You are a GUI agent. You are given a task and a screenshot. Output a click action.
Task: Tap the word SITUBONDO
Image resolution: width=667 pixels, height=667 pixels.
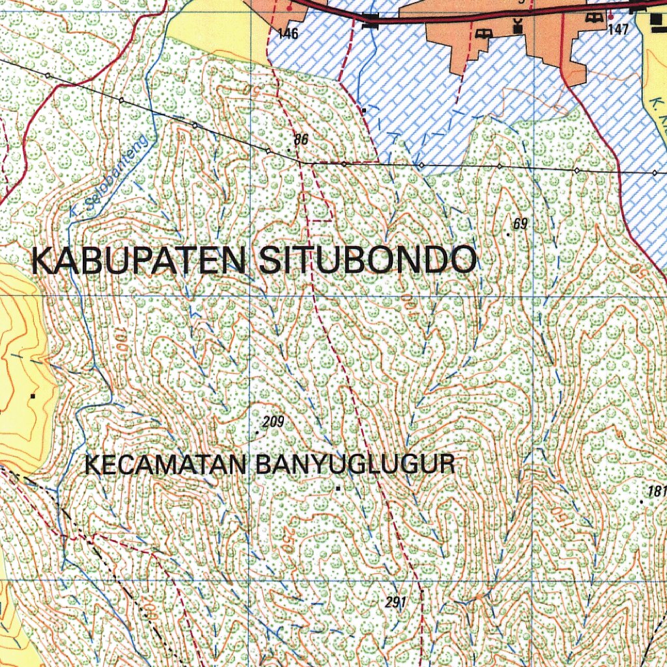pyautogui.click(x=367, y=261)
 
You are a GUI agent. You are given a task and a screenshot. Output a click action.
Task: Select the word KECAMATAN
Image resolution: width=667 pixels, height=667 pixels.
pyautogui.click(x=166, y=465)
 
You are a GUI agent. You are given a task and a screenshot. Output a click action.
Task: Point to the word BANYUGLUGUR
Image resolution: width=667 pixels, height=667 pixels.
pyautogui.click(x=355, y=465)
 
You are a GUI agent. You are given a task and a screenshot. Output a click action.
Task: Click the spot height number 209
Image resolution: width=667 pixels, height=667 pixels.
pyautogui.click(x=274, y=422)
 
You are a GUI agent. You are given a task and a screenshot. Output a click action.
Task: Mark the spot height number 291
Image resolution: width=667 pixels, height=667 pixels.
pyautogui.click(x=395, y=603)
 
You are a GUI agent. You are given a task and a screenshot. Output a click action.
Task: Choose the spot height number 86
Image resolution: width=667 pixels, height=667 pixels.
pyautogui.click(x=300, y=139)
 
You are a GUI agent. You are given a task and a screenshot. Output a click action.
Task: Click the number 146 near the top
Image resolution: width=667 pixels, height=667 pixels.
pyautogui.click(x=287, y=34)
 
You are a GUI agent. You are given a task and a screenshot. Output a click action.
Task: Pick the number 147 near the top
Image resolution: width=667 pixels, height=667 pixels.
pyautogui.click(x=618, y=29)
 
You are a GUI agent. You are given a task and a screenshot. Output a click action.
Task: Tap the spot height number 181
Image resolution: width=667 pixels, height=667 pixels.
pyautogui.click(x=658, y=491)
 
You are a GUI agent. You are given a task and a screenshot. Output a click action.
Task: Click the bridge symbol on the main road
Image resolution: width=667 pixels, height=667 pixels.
pyautogui.click(x=371, y=20)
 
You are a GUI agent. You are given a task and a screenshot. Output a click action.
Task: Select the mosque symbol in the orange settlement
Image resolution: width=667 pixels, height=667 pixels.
pyautogui.click(x=518, y=27)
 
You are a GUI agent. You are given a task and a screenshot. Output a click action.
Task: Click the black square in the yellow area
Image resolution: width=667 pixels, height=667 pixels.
pyautogui.click(x=33, y=395)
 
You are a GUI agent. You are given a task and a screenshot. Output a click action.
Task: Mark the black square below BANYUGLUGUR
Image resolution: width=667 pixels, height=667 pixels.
pyautogui.click(x=338, y=487)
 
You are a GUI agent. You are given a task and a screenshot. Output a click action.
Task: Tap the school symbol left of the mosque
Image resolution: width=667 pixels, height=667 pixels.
pyautogui.click(x=483, y=33)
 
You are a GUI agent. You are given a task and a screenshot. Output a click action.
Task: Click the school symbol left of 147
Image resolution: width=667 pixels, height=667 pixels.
pyautogui.click(x=593, y=18)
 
